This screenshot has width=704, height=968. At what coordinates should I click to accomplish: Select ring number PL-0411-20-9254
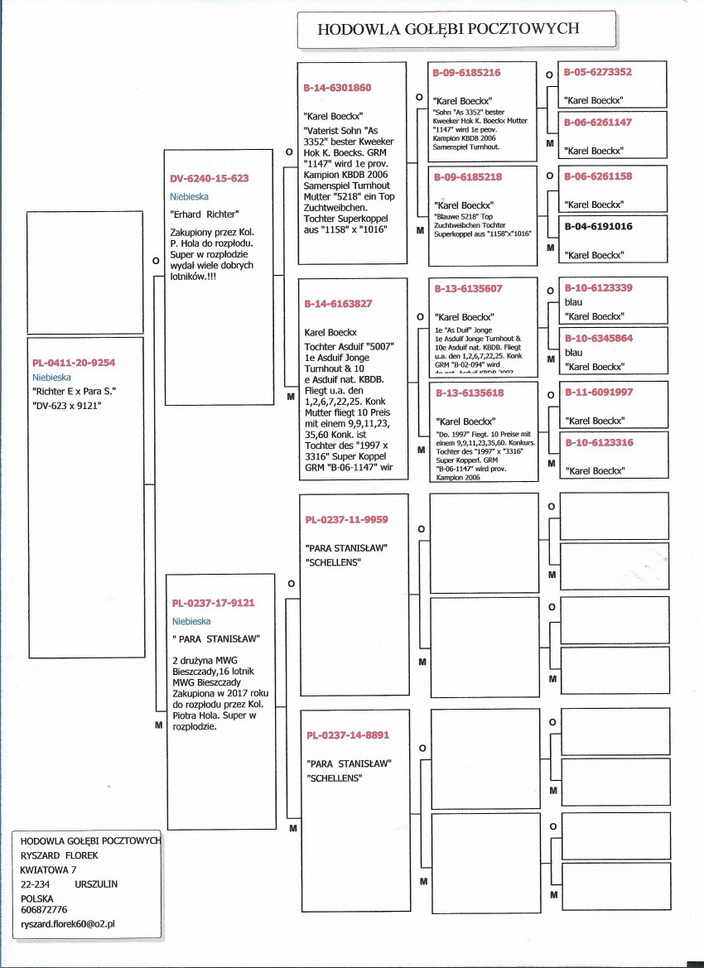tap(74, 363)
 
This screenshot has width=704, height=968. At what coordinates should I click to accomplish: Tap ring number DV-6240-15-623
tap(210, 178)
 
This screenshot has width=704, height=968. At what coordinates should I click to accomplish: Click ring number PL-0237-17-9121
tap(213, 603)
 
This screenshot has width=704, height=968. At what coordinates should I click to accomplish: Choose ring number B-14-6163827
tap(339, 304)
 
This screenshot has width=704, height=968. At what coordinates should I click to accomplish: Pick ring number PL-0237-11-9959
tap(346, 520)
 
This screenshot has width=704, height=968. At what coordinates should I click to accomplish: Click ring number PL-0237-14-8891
tap(347, 734)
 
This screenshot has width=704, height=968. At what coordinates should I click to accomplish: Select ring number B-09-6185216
tap(466, 73)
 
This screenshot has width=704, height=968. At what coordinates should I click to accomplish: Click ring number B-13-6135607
tap(469, 289)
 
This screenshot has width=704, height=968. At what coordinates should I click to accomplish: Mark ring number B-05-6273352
tap(598, 72)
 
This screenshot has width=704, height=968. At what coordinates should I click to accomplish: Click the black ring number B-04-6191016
tap(598, 226)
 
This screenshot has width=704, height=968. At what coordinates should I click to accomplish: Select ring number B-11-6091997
tap(598, 392)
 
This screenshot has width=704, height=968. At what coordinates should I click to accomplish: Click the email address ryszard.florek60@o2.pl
tap(67, 922)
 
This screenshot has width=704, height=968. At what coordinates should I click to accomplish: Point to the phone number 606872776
tap(44, 909)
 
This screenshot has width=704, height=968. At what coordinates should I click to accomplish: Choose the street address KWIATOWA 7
tap(48, 869)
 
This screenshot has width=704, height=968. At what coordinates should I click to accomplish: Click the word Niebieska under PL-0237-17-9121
tap(191, 621)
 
